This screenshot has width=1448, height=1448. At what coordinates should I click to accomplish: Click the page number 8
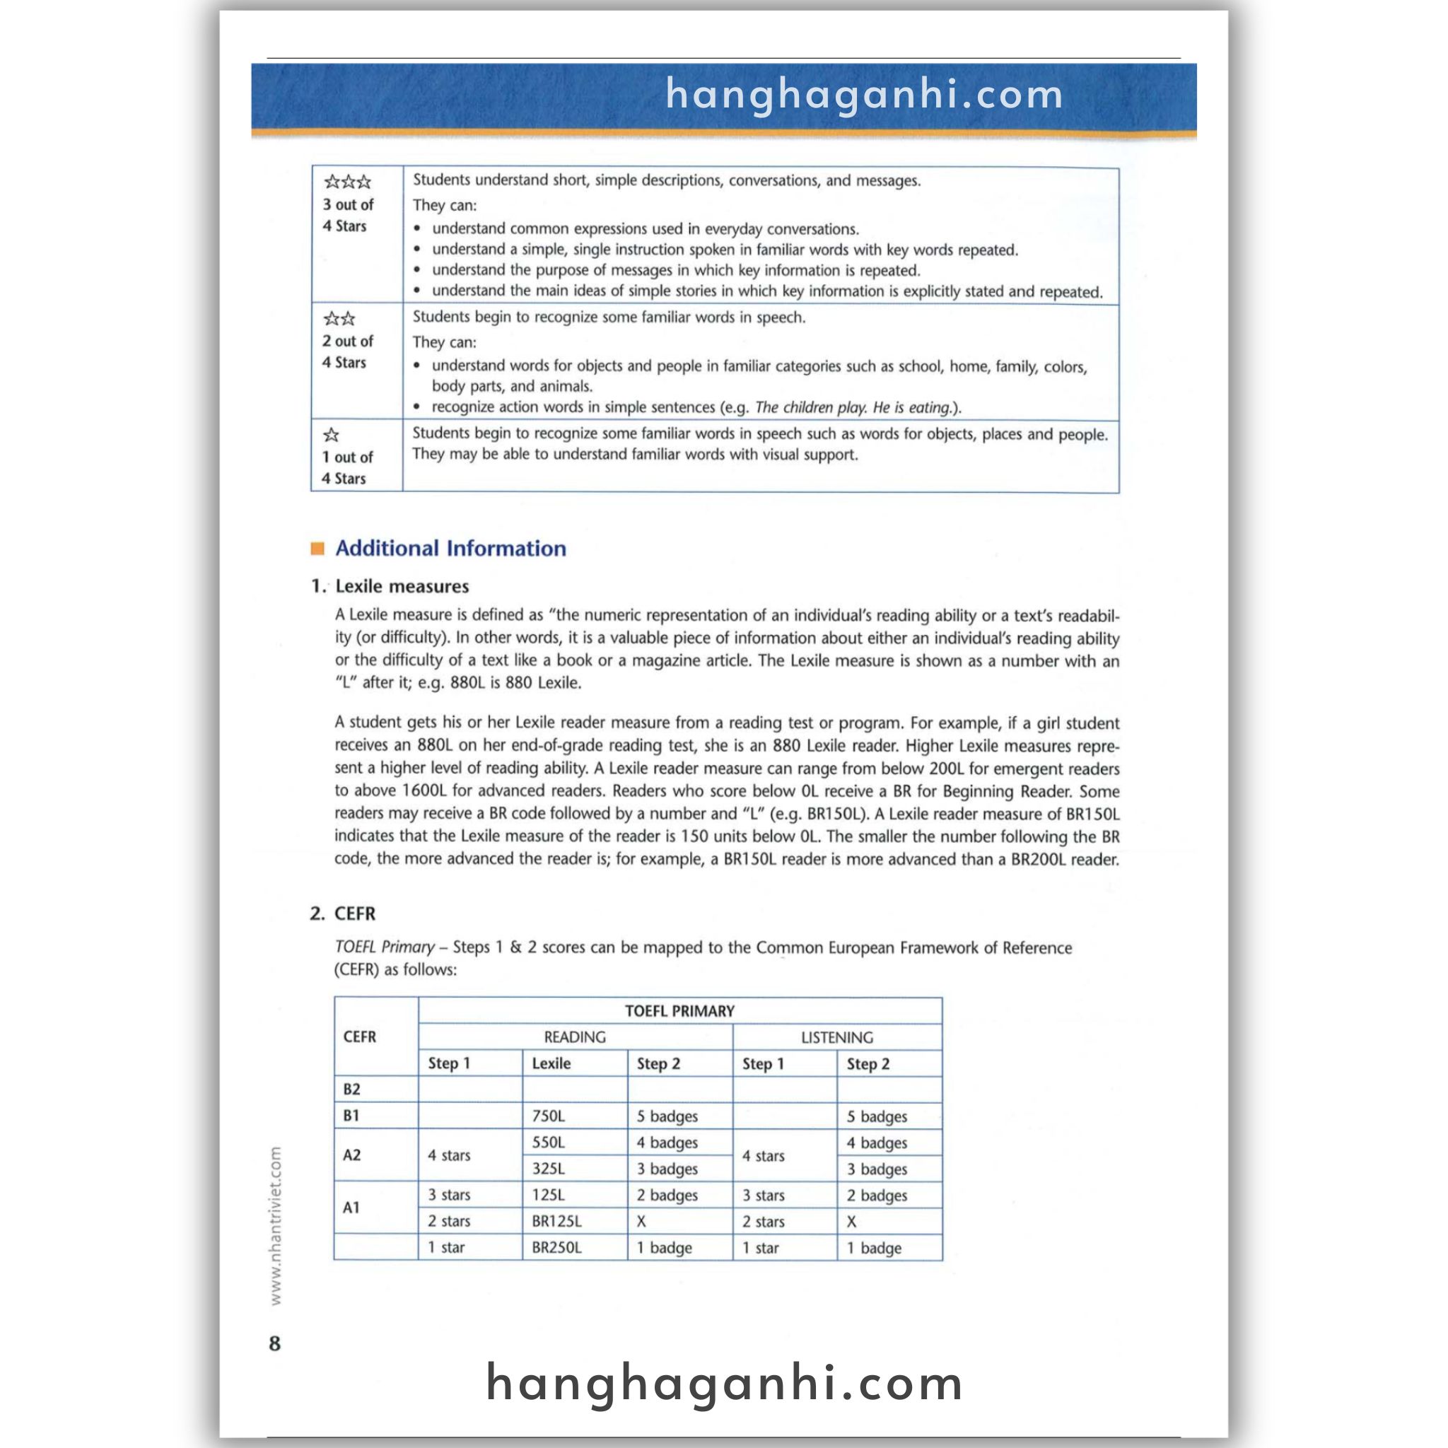274,1343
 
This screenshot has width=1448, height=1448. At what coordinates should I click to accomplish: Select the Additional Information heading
450,549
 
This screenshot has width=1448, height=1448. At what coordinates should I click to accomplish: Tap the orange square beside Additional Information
317,549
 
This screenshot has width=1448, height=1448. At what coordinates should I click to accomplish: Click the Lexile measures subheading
402,586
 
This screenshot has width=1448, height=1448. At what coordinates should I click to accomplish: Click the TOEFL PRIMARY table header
679,1011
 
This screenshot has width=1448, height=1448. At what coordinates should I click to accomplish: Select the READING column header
574,1037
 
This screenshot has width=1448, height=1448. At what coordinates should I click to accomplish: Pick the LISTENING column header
836,1037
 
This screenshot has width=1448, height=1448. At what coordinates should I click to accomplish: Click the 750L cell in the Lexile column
549,1116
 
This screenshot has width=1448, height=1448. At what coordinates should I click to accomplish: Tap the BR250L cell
557,1248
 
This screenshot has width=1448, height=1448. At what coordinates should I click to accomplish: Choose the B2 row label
351,1090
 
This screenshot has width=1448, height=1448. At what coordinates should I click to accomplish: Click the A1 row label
351,1208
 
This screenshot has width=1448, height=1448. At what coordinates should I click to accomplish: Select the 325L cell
549,1169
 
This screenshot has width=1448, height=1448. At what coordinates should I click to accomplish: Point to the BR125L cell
557,1221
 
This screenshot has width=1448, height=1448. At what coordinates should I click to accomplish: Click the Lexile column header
551,1063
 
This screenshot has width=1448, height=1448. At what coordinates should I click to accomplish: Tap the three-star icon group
347,182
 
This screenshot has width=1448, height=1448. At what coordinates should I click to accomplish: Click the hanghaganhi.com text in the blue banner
864,95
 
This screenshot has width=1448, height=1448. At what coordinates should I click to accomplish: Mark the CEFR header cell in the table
360,1037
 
